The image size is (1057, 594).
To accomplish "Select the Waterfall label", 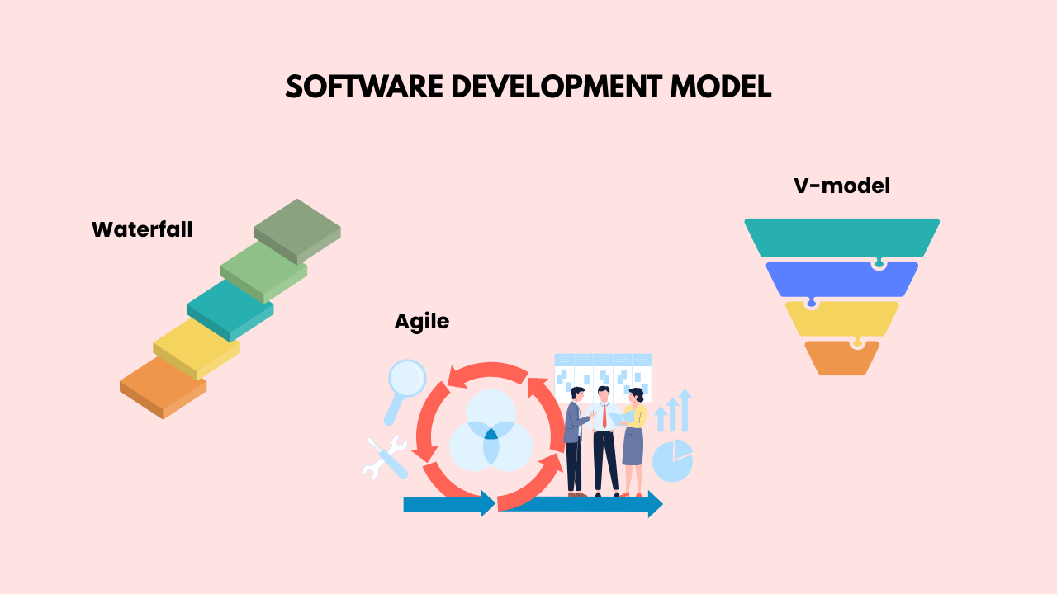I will [x=142, y=229].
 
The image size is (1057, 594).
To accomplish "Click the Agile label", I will [x=421, y=321].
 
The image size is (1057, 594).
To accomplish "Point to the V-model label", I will [x=841, y=186].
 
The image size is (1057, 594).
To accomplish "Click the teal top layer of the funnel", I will [x=841, y=238].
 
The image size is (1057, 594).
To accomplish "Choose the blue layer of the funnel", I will [x=841, y=279].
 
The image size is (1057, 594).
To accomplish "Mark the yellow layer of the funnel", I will [x=841, y=318].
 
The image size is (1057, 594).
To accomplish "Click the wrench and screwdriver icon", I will [x=384, y=457].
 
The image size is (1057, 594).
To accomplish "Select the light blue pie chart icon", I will [x=672, y=461].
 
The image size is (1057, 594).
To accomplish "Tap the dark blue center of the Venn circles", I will [x=491, y=433].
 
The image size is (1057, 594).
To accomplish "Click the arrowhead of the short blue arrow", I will [x=488, y=503].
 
